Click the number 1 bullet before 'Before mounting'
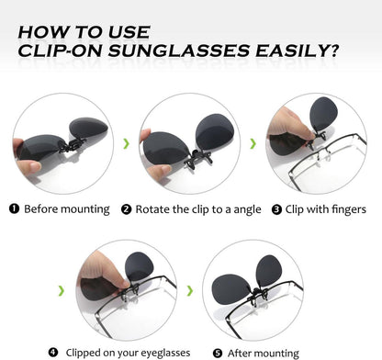coord(14,208)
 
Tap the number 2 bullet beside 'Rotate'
coord(126,208)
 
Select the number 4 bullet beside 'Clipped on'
coord(53,352)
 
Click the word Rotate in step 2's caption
coord(153,208)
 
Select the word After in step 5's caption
coord(241,352)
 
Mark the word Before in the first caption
coord(43,208)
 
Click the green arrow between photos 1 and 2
coord(125,142)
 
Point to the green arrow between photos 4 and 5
coord(189,290)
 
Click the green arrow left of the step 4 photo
coord(61,290)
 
